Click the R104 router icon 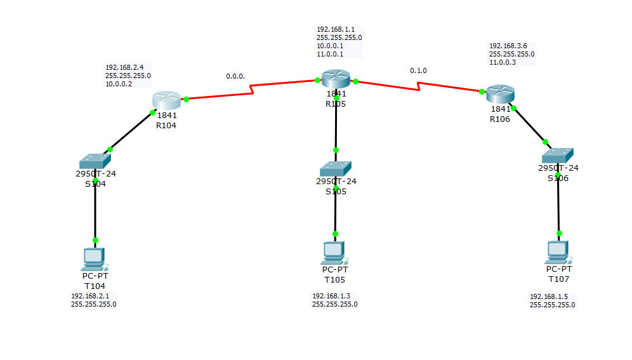166,100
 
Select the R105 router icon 336,79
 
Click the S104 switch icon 96,161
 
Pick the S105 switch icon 336,168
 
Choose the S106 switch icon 558,155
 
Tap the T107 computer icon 558,252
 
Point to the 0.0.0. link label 235,76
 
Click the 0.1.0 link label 418,70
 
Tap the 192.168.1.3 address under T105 330,296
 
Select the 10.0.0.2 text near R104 119,84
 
